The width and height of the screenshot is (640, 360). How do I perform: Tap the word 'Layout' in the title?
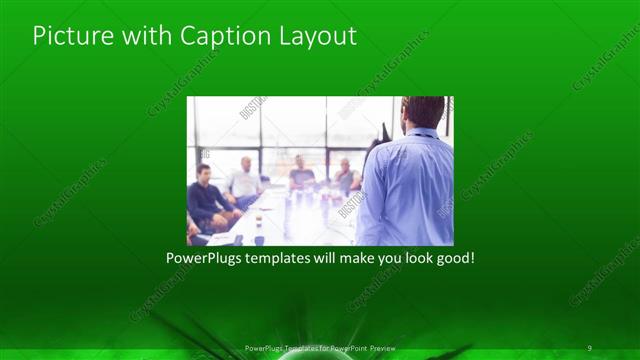(317, 37)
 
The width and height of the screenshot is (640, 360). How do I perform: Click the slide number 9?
(590, 347)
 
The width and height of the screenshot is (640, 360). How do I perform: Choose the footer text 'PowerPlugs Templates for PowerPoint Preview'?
(320, 347)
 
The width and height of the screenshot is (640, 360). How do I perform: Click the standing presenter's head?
(423, 111)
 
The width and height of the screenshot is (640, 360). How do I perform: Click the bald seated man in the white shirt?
(243, 180)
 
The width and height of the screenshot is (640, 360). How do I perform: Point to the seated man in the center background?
(301, 174)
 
